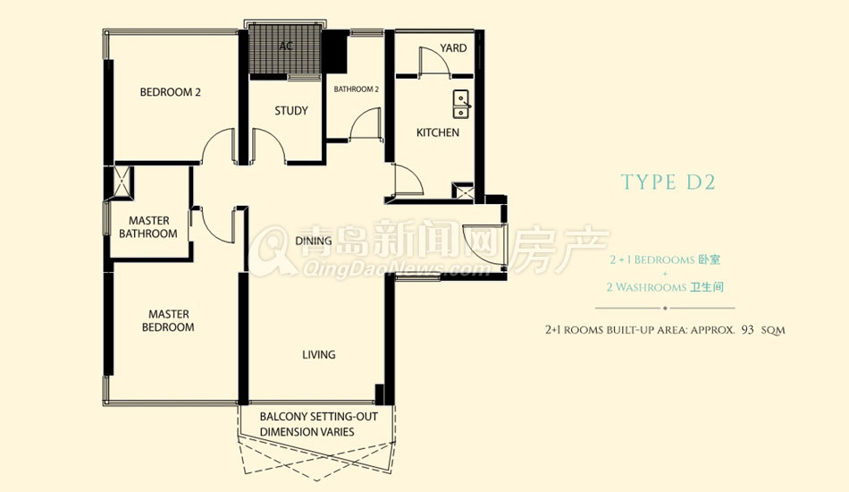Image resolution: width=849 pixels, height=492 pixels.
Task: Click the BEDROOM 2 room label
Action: pos(170,92)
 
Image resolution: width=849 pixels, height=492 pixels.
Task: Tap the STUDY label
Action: pos(290,111)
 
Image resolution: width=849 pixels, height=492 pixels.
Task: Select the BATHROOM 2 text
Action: pos(356,89)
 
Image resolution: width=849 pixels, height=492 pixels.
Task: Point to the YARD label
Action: pos(453,48)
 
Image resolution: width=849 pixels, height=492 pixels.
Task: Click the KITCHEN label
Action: pos(438,132)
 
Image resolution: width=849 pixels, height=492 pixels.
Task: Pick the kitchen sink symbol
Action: pos(461,104)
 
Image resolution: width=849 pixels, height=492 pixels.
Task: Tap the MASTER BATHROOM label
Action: pos(148,227)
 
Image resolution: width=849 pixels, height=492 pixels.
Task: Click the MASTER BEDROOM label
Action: pos(168,321)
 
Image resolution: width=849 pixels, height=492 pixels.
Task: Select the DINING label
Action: pos(314,241)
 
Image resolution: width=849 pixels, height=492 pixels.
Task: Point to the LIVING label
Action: pos(318,355)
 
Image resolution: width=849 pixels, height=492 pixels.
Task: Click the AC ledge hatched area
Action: pos(285,49)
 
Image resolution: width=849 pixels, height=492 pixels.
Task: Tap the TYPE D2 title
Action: pos(668,182)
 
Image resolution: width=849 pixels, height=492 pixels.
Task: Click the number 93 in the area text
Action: pos(748,329)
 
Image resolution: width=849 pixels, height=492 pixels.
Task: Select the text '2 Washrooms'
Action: pos(646,287)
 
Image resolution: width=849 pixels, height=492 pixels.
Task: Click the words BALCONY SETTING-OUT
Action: pos(318,417)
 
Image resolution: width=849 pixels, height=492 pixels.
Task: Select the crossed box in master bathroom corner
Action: pos(122,181)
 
